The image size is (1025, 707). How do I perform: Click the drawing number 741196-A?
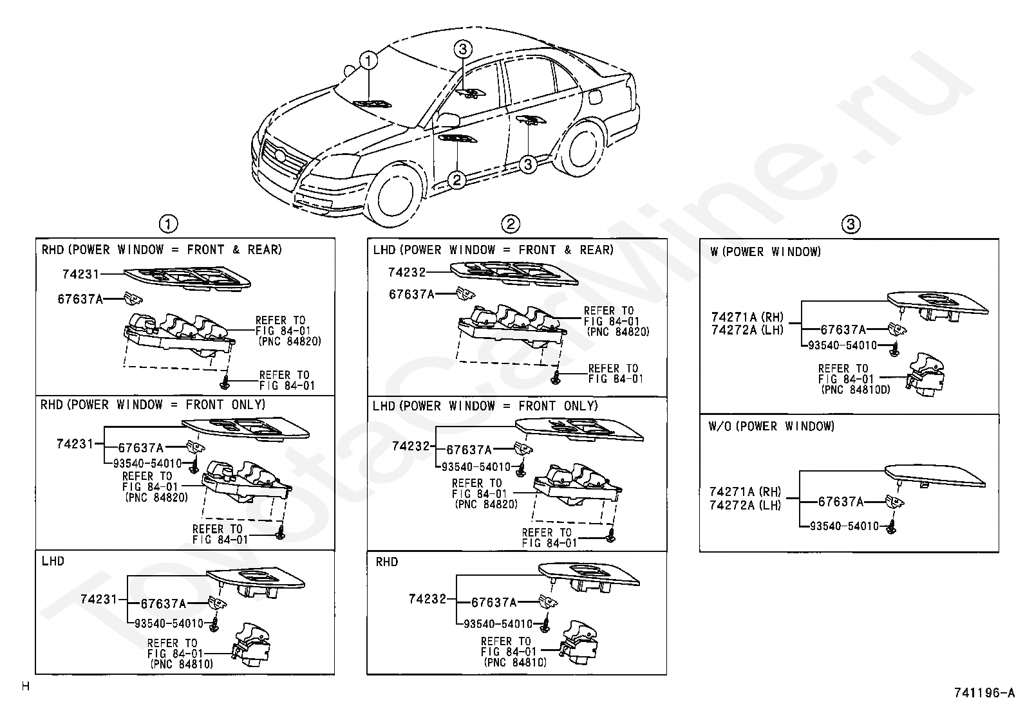(983, 693)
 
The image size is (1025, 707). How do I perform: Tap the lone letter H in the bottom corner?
(26, 686)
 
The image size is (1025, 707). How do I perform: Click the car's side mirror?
(449, 120)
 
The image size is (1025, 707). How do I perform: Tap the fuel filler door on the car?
(596, 96)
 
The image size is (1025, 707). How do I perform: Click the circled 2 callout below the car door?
(456, 180)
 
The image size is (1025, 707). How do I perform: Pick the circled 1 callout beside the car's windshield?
(368, 61)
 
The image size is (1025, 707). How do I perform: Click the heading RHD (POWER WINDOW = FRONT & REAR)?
(161, 250)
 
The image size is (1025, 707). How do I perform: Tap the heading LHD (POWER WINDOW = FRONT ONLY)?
(485, 406)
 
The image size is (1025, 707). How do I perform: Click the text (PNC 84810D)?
(855, 389)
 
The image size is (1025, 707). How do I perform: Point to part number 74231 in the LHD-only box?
(99, 599)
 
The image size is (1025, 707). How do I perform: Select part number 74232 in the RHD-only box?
(427, 599)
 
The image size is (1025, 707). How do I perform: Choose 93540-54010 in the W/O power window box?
(844, 526)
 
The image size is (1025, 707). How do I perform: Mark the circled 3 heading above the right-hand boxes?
(850, 225)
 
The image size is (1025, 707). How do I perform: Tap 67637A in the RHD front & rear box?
(80, 298)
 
